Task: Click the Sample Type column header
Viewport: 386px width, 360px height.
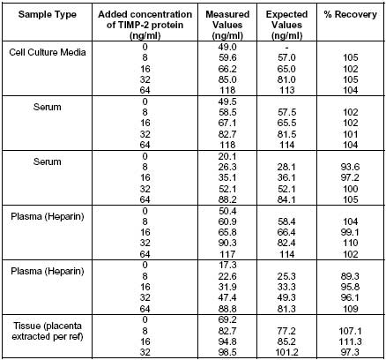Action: pos(48,14)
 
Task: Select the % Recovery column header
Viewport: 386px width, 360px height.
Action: pos(351,14)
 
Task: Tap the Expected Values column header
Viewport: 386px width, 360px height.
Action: pos(286,25)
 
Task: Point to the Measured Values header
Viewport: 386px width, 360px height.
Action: pos(227,25)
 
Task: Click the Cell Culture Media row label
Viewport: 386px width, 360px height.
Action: pos(48,52)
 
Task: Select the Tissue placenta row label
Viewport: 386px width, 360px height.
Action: pos(48,331)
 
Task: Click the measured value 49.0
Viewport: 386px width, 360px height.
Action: pos(227,47)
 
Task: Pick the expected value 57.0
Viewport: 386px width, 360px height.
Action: pos(286,57)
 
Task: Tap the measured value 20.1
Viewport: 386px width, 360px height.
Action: pos(227,156)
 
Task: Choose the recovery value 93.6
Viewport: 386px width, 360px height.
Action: pos(350,167)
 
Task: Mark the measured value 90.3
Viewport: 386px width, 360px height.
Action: pos(227,243)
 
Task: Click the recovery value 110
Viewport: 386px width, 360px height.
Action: pos(351,243)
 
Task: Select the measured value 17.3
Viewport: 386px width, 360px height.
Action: pos(227,265)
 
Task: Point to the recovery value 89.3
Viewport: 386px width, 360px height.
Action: pos(350,276)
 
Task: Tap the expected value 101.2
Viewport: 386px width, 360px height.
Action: pos(286,352)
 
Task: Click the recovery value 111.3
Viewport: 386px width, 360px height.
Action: pos(350,341)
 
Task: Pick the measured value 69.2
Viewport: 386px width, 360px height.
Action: pos(227,319)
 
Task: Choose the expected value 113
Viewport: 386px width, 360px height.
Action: pos(286,90)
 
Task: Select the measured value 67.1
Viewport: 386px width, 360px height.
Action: pos(227,123)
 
